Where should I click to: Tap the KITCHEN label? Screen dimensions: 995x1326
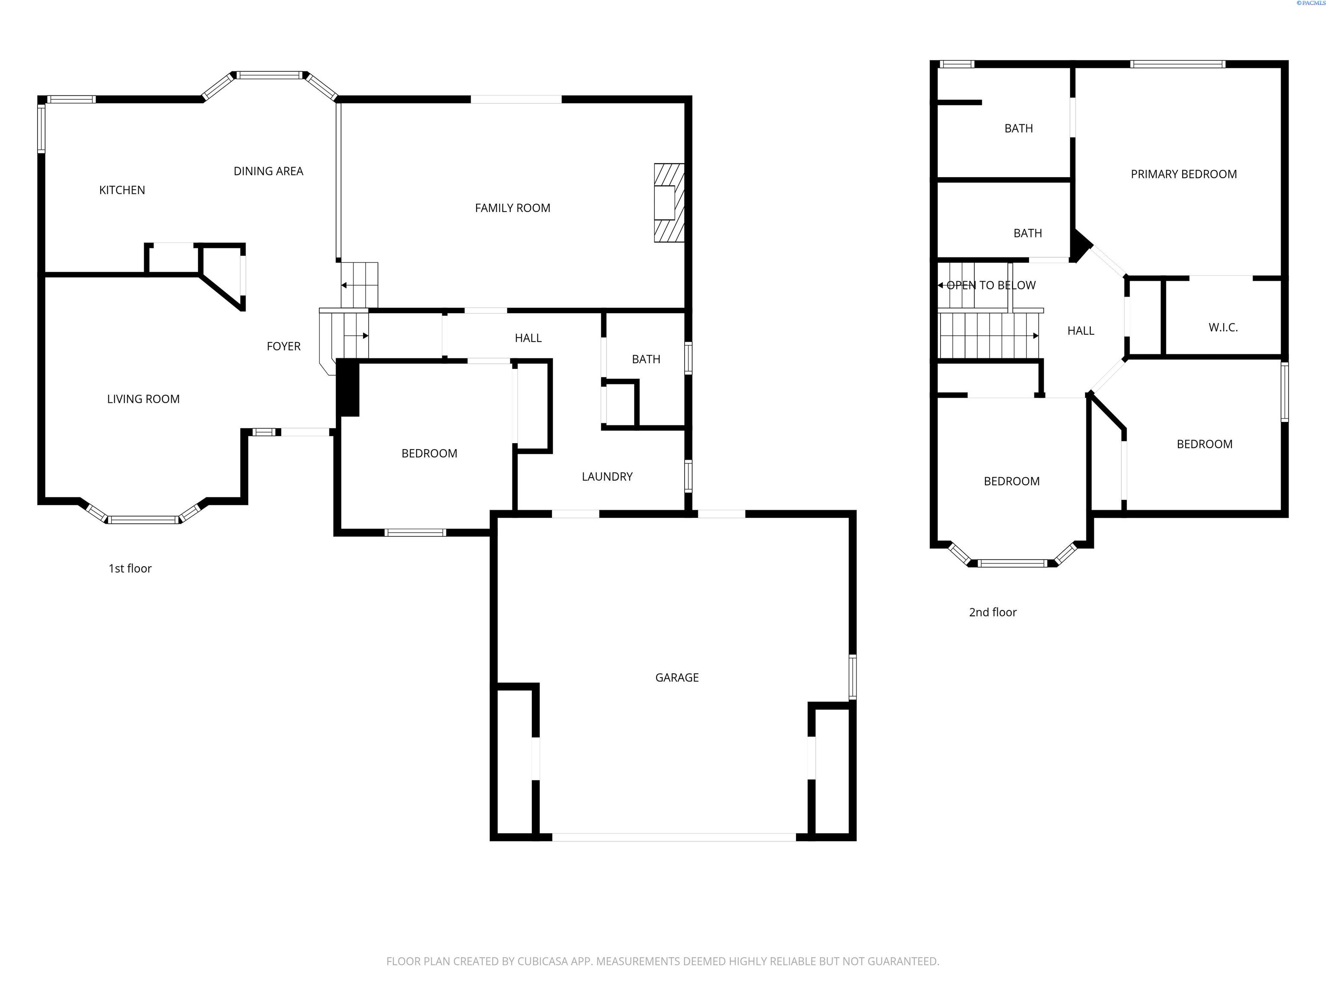[122, 190]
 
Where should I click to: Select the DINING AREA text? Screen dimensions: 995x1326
[268, 171]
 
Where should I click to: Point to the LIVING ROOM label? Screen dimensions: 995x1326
[143, 399]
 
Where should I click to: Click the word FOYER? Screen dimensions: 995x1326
[284, 346]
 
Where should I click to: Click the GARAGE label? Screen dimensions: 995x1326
[677, 678]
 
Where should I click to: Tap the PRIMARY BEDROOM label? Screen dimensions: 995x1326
[1183, 174]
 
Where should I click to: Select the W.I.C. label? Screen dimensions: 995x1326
[1223, 327]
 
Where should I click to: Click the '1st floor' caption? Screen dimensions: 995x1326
[130, 569]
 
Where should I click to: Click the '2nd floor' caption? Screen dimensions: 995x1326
[993, 612]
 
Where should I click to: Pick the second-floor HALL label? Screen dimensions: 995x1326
[1080, 331]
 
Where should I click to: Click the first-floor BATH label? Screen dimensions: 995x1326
[646, 359]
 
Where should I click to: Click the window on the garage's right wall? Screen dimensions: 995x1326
[852, 678]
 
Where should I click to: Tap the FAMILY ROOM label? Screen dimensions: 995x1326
[512, 208]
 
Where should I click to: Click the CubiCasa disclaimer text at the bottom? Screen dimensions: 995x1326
[663, 961]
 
